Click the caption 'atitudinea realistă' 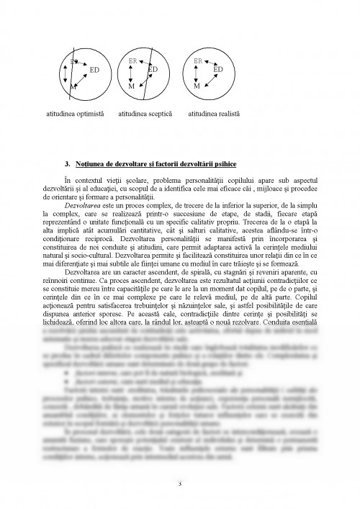214,114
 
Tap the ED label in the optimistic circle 94,70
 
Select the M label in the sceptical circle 131,86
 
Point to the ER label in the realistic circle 198,61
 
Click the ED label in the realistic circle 218,69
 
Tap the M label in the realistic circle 197,86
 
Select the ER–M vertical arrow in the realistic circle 198,73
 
